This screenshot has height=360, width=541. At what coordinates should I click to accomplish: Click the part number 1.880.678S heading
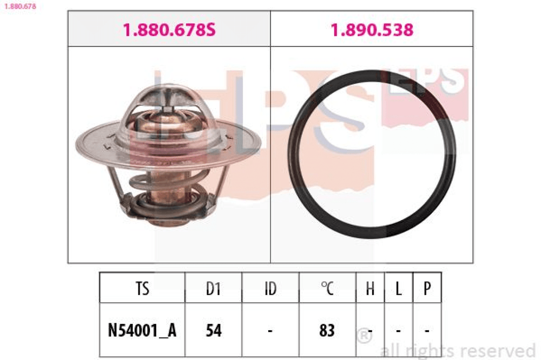point(169,30)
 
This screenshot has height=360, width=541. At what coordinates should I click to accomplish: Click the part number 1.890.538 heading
point(372,30)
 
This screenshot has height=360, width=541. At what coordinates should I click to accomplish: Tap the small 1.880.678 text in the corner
point(20,6)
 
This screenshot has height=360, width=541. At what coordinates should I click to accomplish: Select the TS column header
point(142,288)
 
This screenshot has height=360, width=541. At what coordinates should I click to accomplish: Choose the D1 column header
point(213,288)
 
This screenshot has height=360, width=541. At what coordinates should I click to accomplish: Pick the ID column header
point(270,288)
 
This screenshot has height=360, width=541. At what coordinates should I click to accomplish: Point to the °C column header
point(327,288)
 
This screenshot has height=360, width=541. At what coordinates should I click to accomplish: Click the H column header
point(370,288)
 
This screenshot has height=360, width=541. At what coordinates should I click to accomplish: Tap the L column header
point(399,288)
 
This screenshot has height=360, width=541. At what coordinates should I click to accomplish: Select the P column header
point(427,288)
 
